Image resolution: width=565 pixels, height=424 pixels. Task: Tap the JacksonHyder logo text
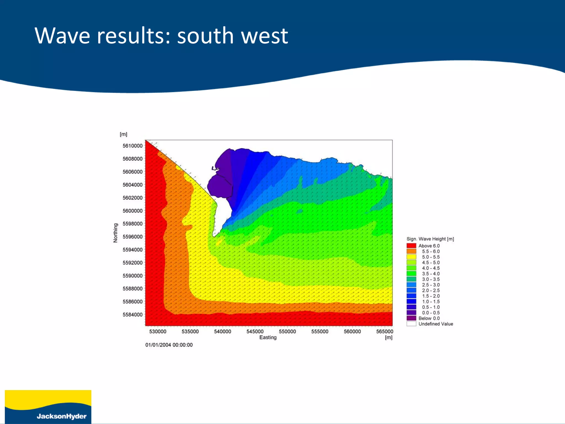(62, 416)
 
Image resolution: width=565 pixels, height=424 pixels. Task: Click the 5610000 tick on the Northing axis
(132, 146)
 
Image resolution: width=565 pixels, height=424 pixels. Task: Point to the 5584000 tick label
(132, 315)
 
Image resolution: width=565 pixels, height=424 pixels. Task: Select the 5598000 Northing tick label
(132, 224)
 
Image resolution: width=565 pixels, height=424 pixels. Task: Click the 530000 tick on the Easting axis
(158, 332)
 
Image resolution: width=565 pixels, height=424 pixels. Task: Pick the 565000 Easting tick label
(385, 332)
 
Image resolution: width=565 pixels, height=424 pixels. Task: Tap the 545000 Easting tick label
(255, 332)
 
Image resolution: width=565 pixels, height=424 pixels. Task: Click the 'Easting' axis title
(268, 337)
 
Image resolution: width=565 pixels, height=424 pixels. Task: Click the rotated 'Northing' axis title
(115, 233)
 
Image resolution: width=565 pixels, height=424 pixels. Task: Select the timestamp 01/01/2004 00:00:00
(169, 345)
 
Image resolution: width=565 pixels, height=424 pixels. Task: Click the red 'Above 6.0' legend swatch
(411, 246)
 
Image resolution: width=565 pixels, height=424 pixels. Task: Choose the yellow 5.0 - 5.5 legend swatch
(411, 257)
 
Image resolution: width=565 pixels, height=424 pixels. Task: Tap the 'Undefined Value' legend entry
(436, 324)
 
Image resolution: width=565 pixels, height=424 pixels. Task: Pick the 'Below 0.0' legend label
(429, 318)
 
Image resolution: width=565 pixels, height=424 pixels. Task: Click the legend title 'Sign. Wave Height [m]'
(430, 239)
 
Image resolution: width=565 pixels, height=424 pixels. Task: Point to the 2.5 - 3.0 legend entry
(431, 285)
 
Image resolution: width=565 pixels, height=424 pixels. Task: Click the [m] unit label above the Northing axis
(123, 134)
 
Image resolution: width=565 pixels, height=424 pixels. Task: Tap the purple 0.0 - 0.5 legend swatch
(411, 313)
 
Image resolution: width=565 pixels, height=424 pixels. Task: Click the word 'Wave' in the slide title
(62, 36)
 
